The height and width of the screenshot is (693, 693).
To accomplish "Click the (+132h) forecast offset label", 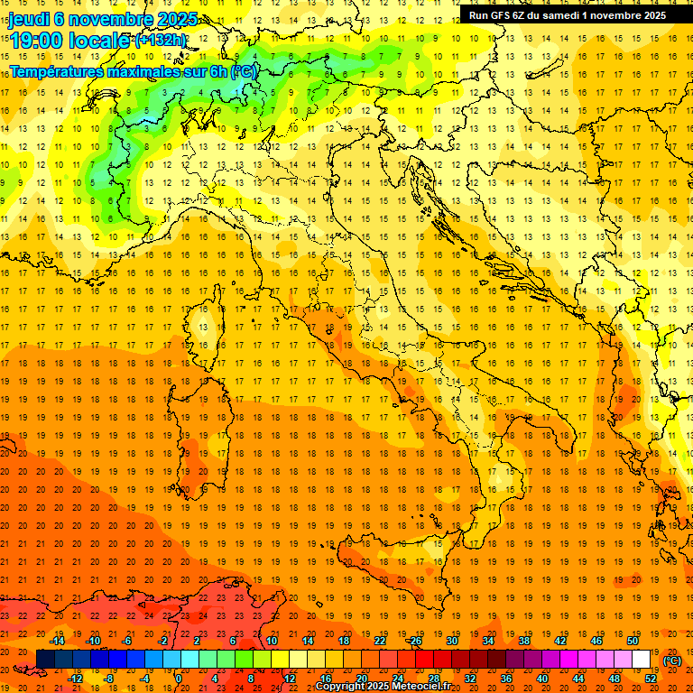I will [160, 41].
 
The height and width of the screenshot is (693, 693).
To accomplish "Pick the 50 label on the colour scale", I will [632, 641].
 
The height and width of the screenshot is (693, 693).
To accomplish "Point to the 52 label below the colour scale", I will [651, 678].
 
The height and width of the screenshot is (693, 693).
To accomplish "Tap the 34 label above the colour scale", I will [487, 641].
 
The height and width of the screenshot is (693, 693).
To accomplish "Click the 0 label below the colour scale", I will [180, 678].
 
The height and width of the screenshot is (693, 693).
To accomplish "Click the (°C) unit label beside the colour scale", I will [672, 661].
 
